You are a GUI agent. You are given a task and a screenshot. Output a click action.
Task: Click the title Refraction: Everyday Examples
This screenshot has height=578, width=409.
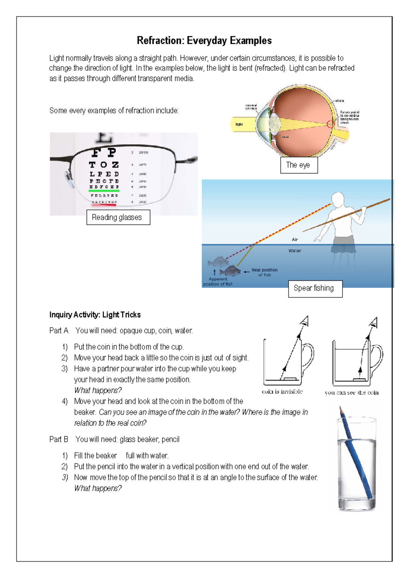tap(204, 41)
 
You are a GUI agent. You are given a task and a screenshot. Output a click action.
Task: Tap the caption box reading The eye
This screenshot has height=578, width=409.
tap(299, 165)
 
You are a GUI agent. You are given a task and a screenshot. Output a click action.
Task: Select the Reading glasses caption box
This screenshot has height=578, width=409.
tap(118, 217)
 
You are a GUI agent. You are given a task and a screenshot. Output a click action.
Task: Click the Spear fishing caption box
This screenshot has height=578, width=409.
tap(315, 288)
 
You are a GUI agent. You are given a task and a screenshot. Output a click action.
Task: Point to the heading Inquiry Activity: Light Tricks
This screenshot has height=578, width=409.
tap(95, 315)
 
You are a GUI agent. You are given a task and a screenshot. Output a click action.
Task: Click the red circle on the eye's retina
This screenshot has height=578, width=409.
tap(330, 124)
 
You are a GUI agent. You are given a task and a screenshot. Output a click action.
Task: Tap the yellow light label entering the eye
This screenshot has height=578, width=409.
tap(239, 124)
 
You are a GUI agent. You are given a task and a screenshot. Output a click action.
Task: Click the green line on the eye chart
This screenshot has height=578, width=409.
tap(104, 191)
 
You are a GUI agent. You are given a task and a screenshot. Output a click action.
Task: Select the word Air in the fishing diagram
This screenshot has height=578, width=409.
tap(295, 240)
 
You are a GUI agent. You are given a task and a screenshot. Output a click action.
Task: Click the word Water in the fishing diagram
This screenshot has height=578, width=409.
tap(295, 251)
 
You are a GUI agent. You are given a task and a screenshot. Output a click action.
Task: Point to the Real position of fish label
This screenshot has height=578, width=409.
tap(264, 272)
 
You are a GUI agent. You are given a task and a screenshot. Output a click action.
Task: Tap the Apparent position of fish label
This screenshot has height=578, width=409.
tap(218, 282)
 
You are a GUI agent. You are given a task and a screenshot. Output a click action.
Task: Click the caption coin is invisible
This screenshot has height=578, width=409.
tap(282, 392)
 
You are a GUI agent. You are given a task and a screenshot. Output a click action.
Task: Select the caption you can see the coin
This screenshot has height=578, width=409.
tap(352, 393)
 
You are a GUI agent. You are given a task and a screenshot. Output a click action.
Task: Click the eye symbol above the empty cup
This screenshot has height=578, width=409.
tap(305, 321)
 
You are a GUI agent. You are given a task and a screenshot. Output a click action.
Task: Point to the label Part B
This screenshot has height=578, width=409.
tap(59, 439)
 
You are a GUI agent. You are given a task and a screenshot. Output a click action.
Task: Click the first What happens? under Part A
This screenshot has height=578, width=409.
tap(97, 390)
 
